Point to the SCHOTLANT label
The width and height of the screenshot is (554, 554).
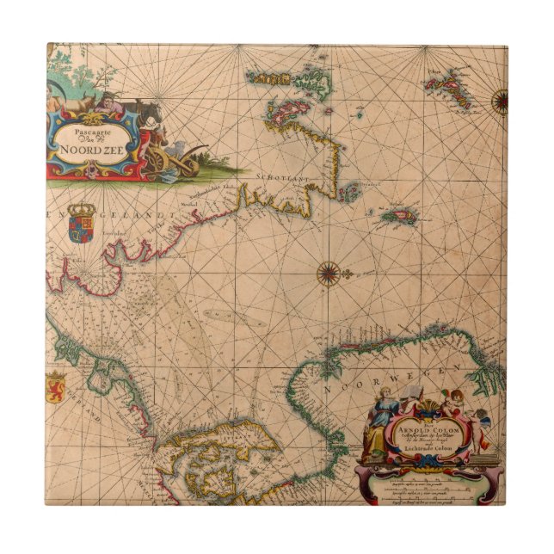coord(277,175)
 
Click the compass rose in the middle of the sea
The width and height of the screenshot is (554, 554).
coord(328,274)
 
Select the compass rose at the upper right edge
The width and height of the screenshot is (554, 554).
coord(498,101)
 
